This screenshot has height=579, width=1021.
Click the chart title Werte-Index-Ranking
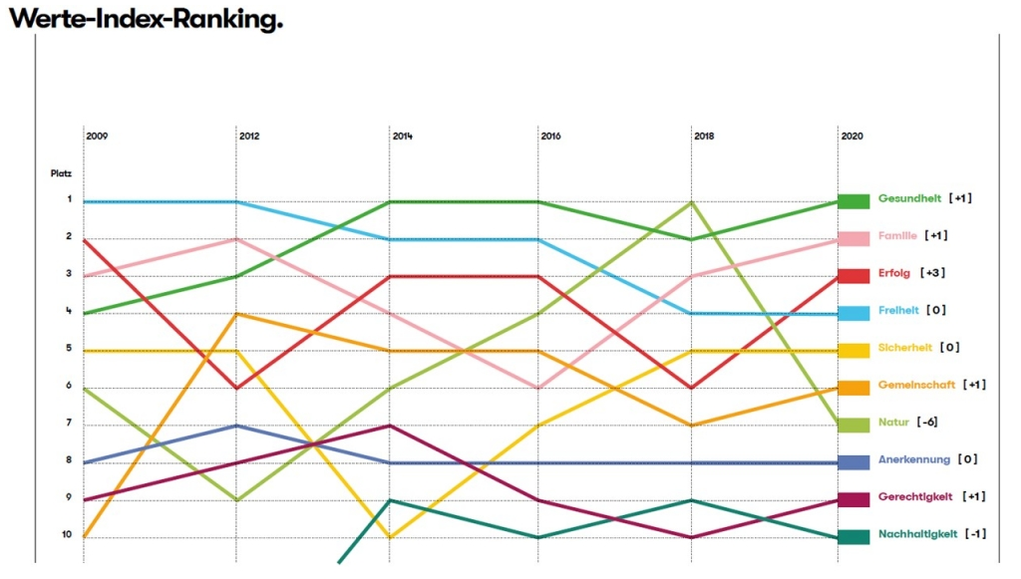click(x=147, y=19)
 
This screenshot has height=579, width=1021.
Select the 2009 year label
click(x=97, y=136)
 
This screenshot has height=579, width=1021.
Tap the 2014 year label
click(x=403, y=136)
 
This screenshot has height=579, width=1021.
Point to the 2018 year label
click(x=704, y=136)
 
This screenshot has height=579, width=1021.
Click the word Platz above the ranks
click(x=61, y=173)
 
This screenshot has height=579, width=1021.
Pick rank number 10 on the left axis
click(x=67, y=535)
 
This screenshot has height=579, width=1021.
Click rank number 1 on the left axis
click(x=69, y=199)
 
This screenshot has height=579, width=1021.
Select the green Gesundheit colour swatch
click(x=853, y=201)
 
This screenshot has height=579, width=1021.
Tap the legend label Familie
click(x=897, y=235)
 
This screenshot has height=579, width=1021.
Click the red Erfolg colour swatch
click(x=853, y=276)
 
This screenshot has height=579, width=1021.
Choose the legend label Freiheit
click(x=898, y=310)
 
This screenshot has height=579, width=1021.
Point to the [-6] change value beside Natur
click(x=927, y=423)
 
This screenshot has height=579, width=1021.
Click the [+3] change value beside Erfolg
click(x=932, y=273)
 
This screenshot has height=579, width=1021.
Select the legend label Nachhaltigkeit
click(x=918, y=534)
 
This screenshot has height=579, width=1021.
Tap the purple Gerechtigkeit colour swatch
click(x=853, y=499)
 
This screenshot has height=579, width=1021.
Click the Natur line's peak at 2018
click(x=692, y=202)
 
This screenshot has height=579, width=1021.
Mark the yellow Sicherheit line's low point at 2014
click(x=390, y=537)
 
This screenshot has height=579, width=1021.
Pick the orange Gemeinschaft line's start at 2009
click(x=84, y=537)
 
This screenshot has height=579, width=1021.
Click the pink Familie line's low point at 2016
click(x=537, y=388)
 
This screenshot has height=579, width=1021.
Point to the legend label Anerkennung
click(x=914, y=459)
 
